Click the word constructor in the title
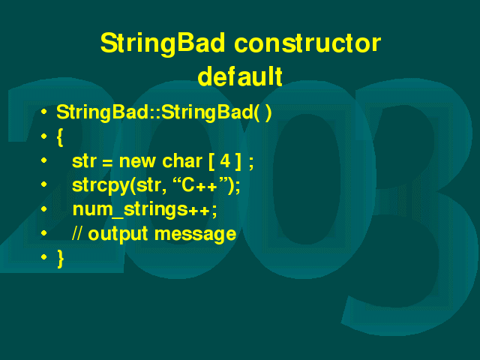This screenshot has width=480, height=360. pos(307,43)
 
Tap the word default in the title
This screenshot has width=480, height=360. pos(240,76)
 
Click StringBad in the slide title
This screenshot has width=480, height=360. pos(163,44)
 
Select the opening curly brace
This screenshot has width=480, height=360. pos(60,137)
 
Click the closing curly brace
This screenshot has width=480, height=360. pos(61,258)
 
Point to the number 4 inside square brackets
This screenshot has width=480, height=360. pos(225,160)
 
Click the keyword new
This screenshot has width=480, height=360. pos(137,161)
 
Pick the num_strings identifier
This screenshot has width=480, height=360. pos(130,210)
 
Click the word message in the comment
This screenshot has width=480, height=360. pos(195,234)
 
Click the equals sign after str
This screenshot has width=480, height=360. pos(107,163)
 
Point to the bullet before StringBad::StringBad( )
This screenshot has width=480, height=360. pos(44,112)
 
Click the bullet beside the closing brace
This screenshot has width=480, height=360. pos(44,256)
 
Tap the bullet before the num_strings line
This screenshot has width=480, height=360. pos(44,208)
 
